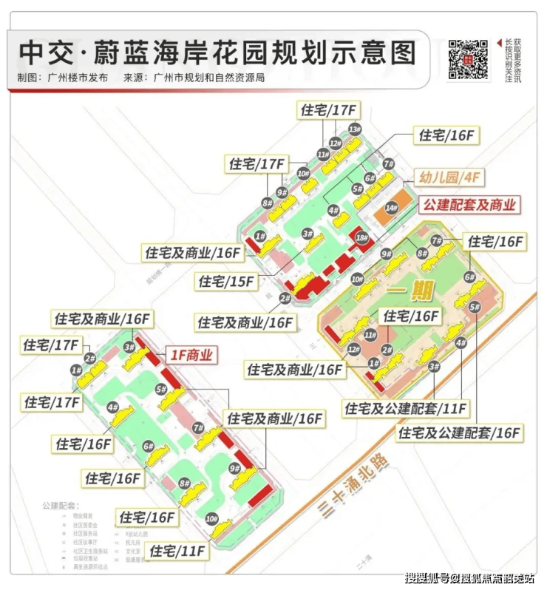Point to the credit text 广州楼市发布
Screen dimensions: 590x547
[78, 78]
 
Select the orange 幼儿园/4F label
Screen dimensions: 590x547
[450, 177]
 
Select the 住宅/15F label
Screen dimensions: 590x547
[225, 281]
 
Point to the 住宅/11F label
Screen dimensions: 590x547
[177, 551]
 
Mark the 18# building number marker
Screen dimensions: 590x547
[361, 238]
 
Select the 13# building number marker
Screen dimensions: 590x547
[355, 129]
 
